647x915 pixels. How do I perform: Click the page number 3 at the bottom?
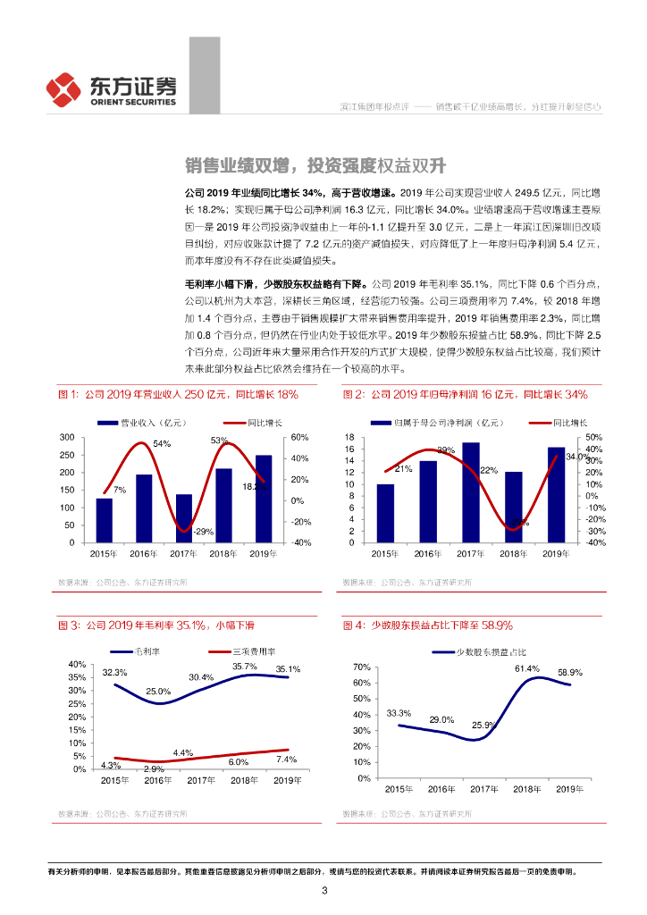(x=324, y=890)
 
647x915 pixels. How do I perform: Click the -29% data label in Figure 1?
(x=203, y=532)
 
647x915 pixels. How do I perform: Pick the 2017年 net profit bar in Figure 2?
(x=470, y=492)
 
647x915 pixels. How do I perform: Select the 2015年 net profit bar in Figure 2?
(x=385, y=513)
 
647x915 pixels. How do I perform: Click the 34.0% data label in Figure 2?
(x=578, y=457)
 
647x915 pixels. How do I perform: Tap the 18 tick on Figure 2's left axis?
(x=349, y=437)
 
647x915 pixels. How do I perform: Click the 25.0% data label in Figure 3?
(x=158, y=692)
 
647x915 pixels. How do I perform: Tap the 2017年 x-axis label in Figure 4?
(x=484, y=789)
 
